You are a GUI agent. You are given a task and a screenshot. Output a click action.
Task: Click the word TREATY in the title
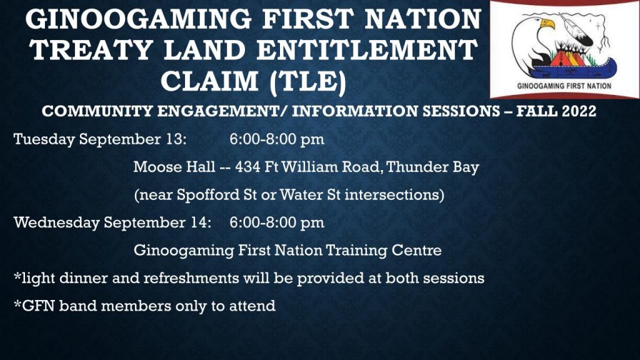pos(91,50)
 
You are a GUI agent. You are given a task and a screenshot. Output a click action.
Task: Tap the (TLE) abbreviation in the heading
pos(308,82)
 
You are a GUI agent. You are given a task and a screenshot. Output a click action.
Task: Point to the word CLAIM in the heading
pos(209,81)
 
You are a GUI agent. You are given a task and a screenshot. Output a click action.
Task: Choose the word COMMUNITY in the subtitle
pos(97,111)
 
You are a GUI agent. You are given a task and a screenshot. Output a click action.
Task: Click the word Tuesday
pos(44,139)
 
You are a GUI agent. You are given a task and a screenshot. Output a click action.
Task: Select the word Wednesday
pos(56,223)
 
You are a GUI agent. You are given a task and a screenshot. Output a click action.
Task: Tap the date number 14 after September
pos(201,222)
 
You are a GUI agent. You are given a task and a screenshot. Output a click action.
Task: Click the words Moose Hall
pos(174,167)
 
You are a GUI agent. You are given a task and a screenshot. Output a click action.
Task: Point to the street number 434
pos(247,167)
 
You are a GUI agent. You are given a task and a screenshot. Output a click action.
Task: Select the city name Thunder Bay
pos(432,167)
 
